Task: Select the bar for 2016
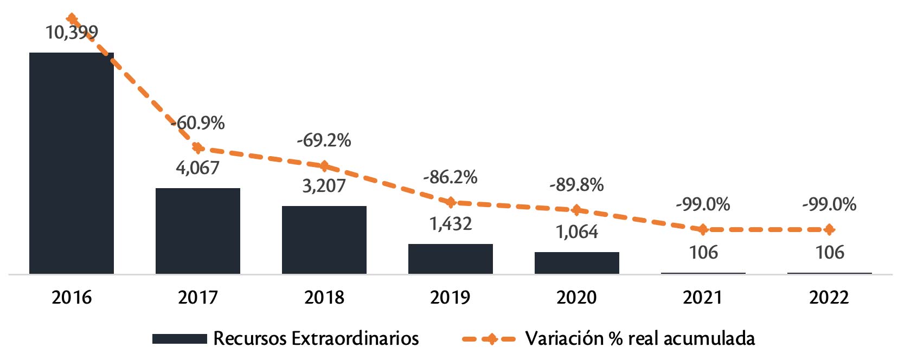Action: (72, 163)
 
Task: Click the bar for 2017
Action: (198, 230)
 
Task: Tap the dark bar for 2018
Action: (324, 240)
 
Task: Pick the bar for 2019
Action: (451, 259)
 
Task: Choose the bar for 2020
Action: (577, 262)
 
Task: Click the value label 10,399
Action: (72, 33)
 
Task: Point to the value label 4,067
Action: (198, 168)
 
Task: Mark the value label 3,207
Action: (324, 186)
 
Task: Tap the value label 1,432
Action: (451, 224)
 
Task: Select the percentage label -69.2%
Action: (324, 140)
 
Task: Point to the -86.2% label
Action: (451, 177)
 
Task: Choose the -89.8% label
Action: (577, 185)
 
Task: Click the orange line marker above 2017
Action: (198, 147)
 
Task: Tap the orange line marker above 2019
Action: (451, 202)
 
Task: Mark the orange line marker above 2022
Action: (829, 230)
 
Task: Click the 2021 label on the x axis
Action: (703, 298)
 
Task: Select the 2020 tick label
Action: (577, 298)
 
